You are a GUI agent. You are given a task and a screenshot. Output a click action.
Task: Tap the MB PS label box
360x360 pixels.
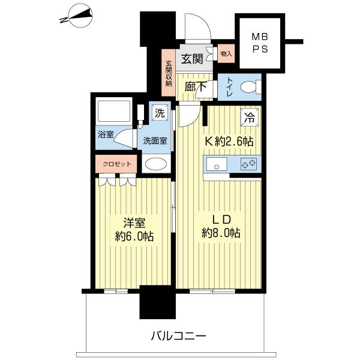coord(260,43)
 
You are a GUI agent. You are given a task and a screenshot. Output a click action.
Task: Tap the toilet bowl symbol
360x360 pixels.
coord(248,88)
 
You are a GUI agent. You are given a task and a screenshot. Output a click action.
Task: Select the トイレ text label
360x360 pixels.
coord(229,88)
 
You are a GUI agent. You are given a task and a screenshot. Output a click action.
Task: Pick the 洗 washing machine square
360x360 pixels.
coord(159,113)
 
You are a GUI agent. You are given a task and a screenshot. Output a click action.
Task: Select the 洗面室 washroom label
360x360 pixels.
coord(155,142)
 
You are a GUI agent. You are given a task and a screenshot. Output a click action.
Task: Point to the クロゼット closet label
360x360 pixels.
coord(117,163)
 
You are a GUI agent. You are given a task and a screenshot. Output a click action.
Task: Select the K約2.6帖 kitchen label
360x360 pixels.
coord(230,142)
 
